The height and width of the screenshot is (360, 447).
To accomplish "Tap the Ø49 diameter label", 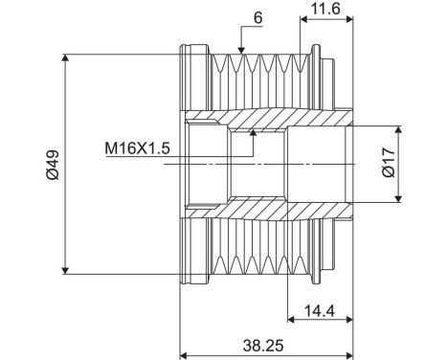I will [49, 164].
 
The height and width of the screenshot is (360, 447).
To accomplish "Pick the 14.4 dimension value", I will [321, 308].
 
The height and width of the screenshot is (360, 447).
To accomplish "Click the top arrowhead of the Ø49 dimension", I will [65, 58].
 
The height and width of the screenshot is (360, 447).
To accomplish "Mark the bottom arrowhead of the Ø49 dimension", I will [65, 270].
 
